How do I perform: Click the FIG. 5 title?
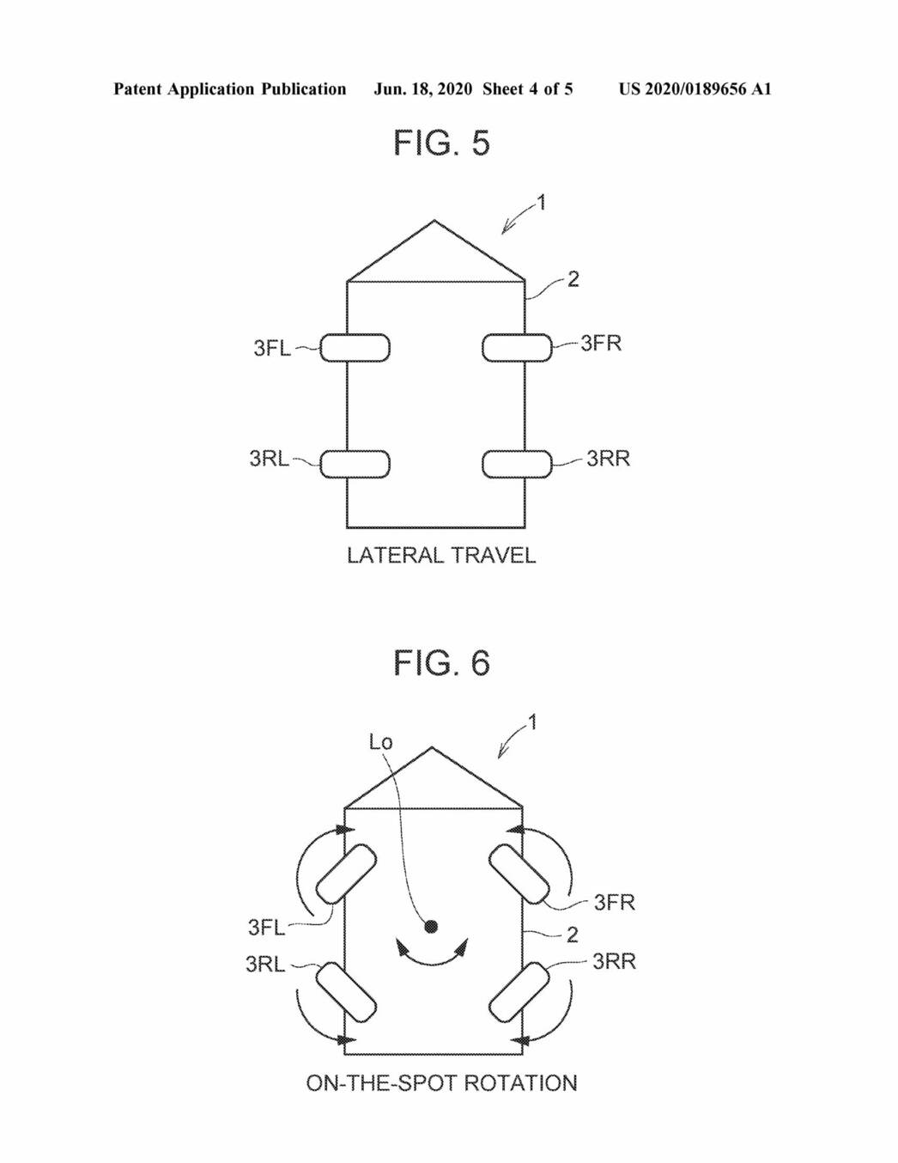tap(441, 143)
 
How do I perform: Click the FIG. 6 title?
tap(441, 663)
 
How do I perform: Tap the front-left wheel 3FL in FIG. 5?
tap(355, 348)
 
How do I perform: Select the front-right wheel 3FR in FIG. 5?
tap(517, 348)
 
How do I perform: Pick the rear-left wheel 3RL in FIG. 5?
tap(355, 464)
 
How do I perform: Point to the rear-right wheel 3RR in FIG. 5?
tap(517, 464)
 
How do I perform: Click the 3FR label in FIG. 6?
tap(614, 902)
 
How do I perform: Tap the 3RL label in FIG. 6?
tap(265, 964)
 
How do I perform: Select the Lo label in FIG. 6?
tap(380, 742)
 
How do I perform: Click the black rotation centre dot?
tap(432, 926)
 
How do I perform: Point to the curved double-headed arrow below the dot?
tap(432, 956)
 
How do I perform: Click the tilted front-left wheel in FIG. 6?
tap(347, 874)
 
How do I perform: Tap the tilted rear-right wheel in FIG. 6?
tap(519, 992)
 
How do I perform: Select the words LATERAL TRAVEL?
tap(441, 556)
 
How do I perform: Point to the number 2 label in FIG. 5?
tap(573, 279)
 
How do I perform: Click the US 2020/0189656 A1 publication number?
tap(695, 89)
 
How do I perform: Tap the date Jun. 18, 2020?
tap(422, 89)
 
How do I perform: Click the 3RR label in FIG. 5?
tap(608, 459)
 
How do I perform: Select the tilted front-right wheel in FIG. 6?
tap(519, 874)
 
